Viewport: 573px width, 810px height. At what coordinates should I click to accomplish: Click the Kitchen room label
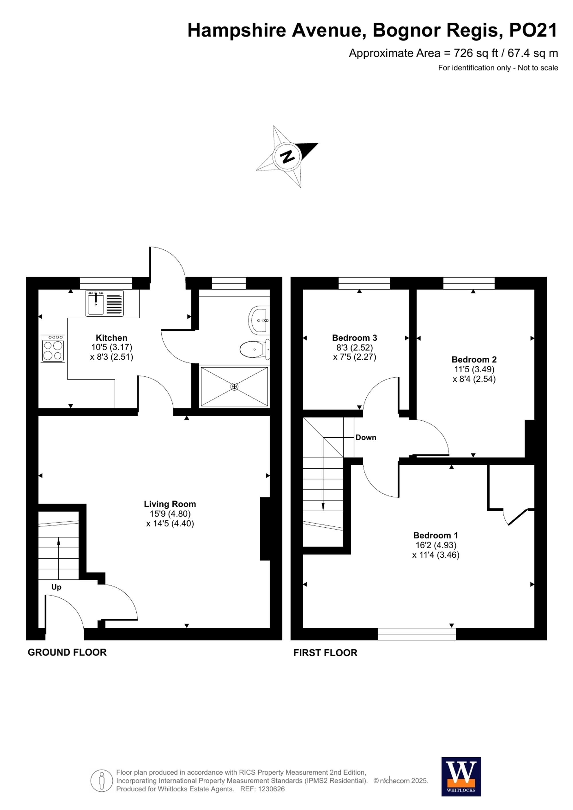click(x=111, y=338)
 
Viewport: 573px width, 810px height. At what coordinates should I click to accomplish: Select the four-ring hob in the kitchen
click(x=53, y=349)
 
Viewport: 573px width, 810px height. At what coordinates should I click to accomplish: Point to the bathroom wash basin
click(x=259, y=320)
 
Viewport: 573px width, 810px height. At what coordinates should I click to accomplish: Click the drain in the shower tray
click(x=234, y=387)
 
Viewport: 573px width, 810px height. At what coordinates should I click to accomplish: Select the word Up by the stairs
click(x=56, y=587)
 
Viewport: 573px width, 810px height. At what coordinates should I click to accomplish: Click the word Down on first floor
click(x=366, y=437)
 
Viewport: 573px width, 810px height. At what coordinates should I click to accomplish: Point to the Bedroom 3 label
click(x=355, y=338)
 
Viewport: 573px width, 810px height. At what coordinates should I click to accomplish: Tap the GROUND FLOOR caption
click(x=67, y=652)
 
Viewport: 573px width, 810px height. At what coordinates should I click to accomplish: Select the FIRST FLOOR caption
click(x=325, y=653)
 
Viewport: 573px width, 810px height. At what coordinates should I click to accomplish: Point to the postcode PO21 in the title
click(x=533, y=30)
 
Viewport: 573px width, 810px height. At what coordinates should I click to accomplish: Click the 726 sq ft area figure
click(x=476, y=53)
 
